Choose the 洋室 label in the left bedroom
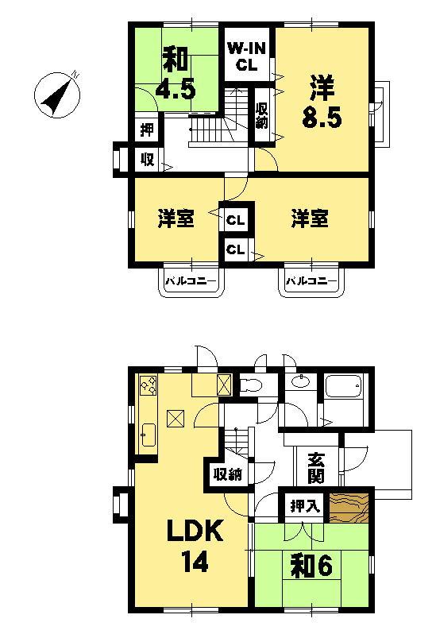coord(176,218)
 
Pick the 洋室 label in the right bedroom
coord(308,218)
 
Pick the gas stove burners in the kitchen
coord(149,387)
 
